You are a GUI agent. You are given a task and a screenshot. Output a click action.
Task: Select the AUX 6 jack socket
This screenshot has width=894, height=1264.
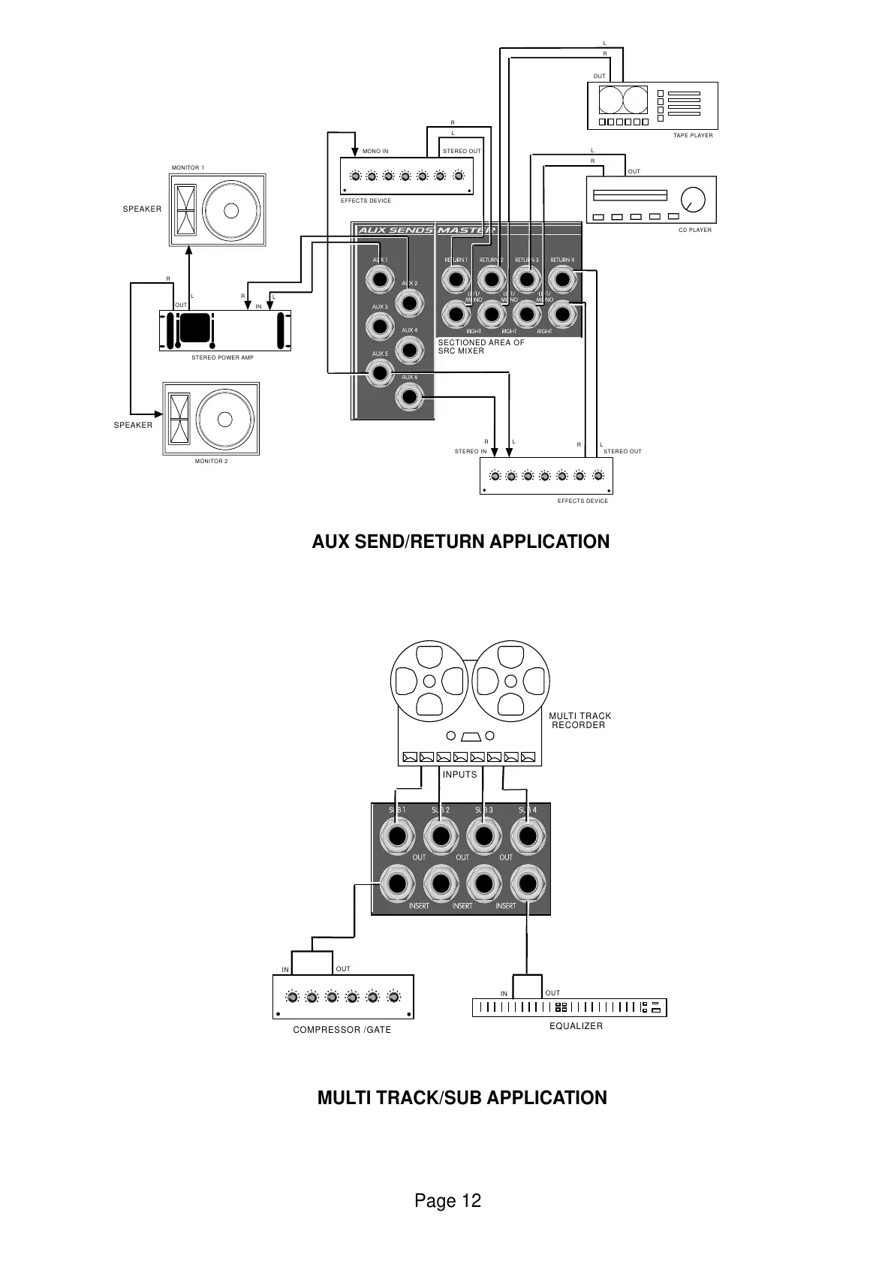409,396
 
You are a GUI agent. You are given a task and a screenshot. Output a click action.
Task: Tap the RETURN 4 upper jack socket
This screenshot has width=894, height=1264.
562,280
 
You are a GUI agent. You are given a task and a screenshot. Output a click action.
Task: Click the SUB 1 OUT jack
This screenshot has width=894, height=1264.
398,835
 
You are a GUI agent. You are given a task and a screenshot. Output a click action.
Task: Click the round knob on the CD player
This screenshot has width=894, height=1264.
693,199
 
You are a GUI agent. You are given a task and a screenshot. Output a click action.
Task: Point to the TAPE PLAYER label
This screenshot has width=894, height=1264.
693,136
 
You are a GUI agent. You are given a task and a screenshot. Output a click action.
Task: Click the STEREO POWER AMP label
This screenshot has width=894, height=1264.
222,358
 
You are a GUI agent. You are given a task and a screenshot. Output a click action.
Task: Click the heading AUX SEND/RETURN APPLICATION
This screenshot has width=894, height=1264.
461,542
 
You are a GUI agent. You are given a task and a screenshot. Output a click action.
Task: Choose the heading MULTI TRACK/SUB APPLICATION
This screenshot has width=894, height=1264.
462,1098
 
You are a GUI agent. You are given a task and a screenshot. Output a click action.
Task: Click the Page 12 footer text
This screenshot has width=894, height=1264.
447,1201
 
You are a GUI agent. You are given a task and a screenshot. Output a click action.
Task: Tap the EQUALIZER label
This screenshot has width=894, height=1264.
576,1026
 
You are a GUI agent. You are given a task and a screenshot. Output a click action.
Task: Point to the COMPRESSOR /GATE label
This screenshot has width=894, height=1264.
342,1030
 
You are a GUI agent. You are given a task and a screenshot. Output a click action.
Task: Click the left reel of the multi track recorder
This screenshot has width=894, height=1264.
429,682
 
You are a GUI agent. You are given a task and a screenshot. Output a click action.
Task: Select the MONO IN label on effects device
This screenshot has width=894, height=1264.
375,151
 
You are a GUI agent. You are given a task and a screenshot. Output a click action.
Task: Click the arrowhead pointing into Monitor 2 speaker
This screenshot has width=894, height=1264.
158,413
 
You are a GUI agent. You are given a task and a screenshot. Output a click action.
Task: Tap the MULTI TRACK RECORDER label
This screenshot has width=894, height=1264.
579,721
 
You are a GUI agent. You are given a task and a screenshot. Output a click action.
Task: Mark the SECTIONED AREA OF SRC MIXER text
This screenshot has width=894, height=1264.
480,347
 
